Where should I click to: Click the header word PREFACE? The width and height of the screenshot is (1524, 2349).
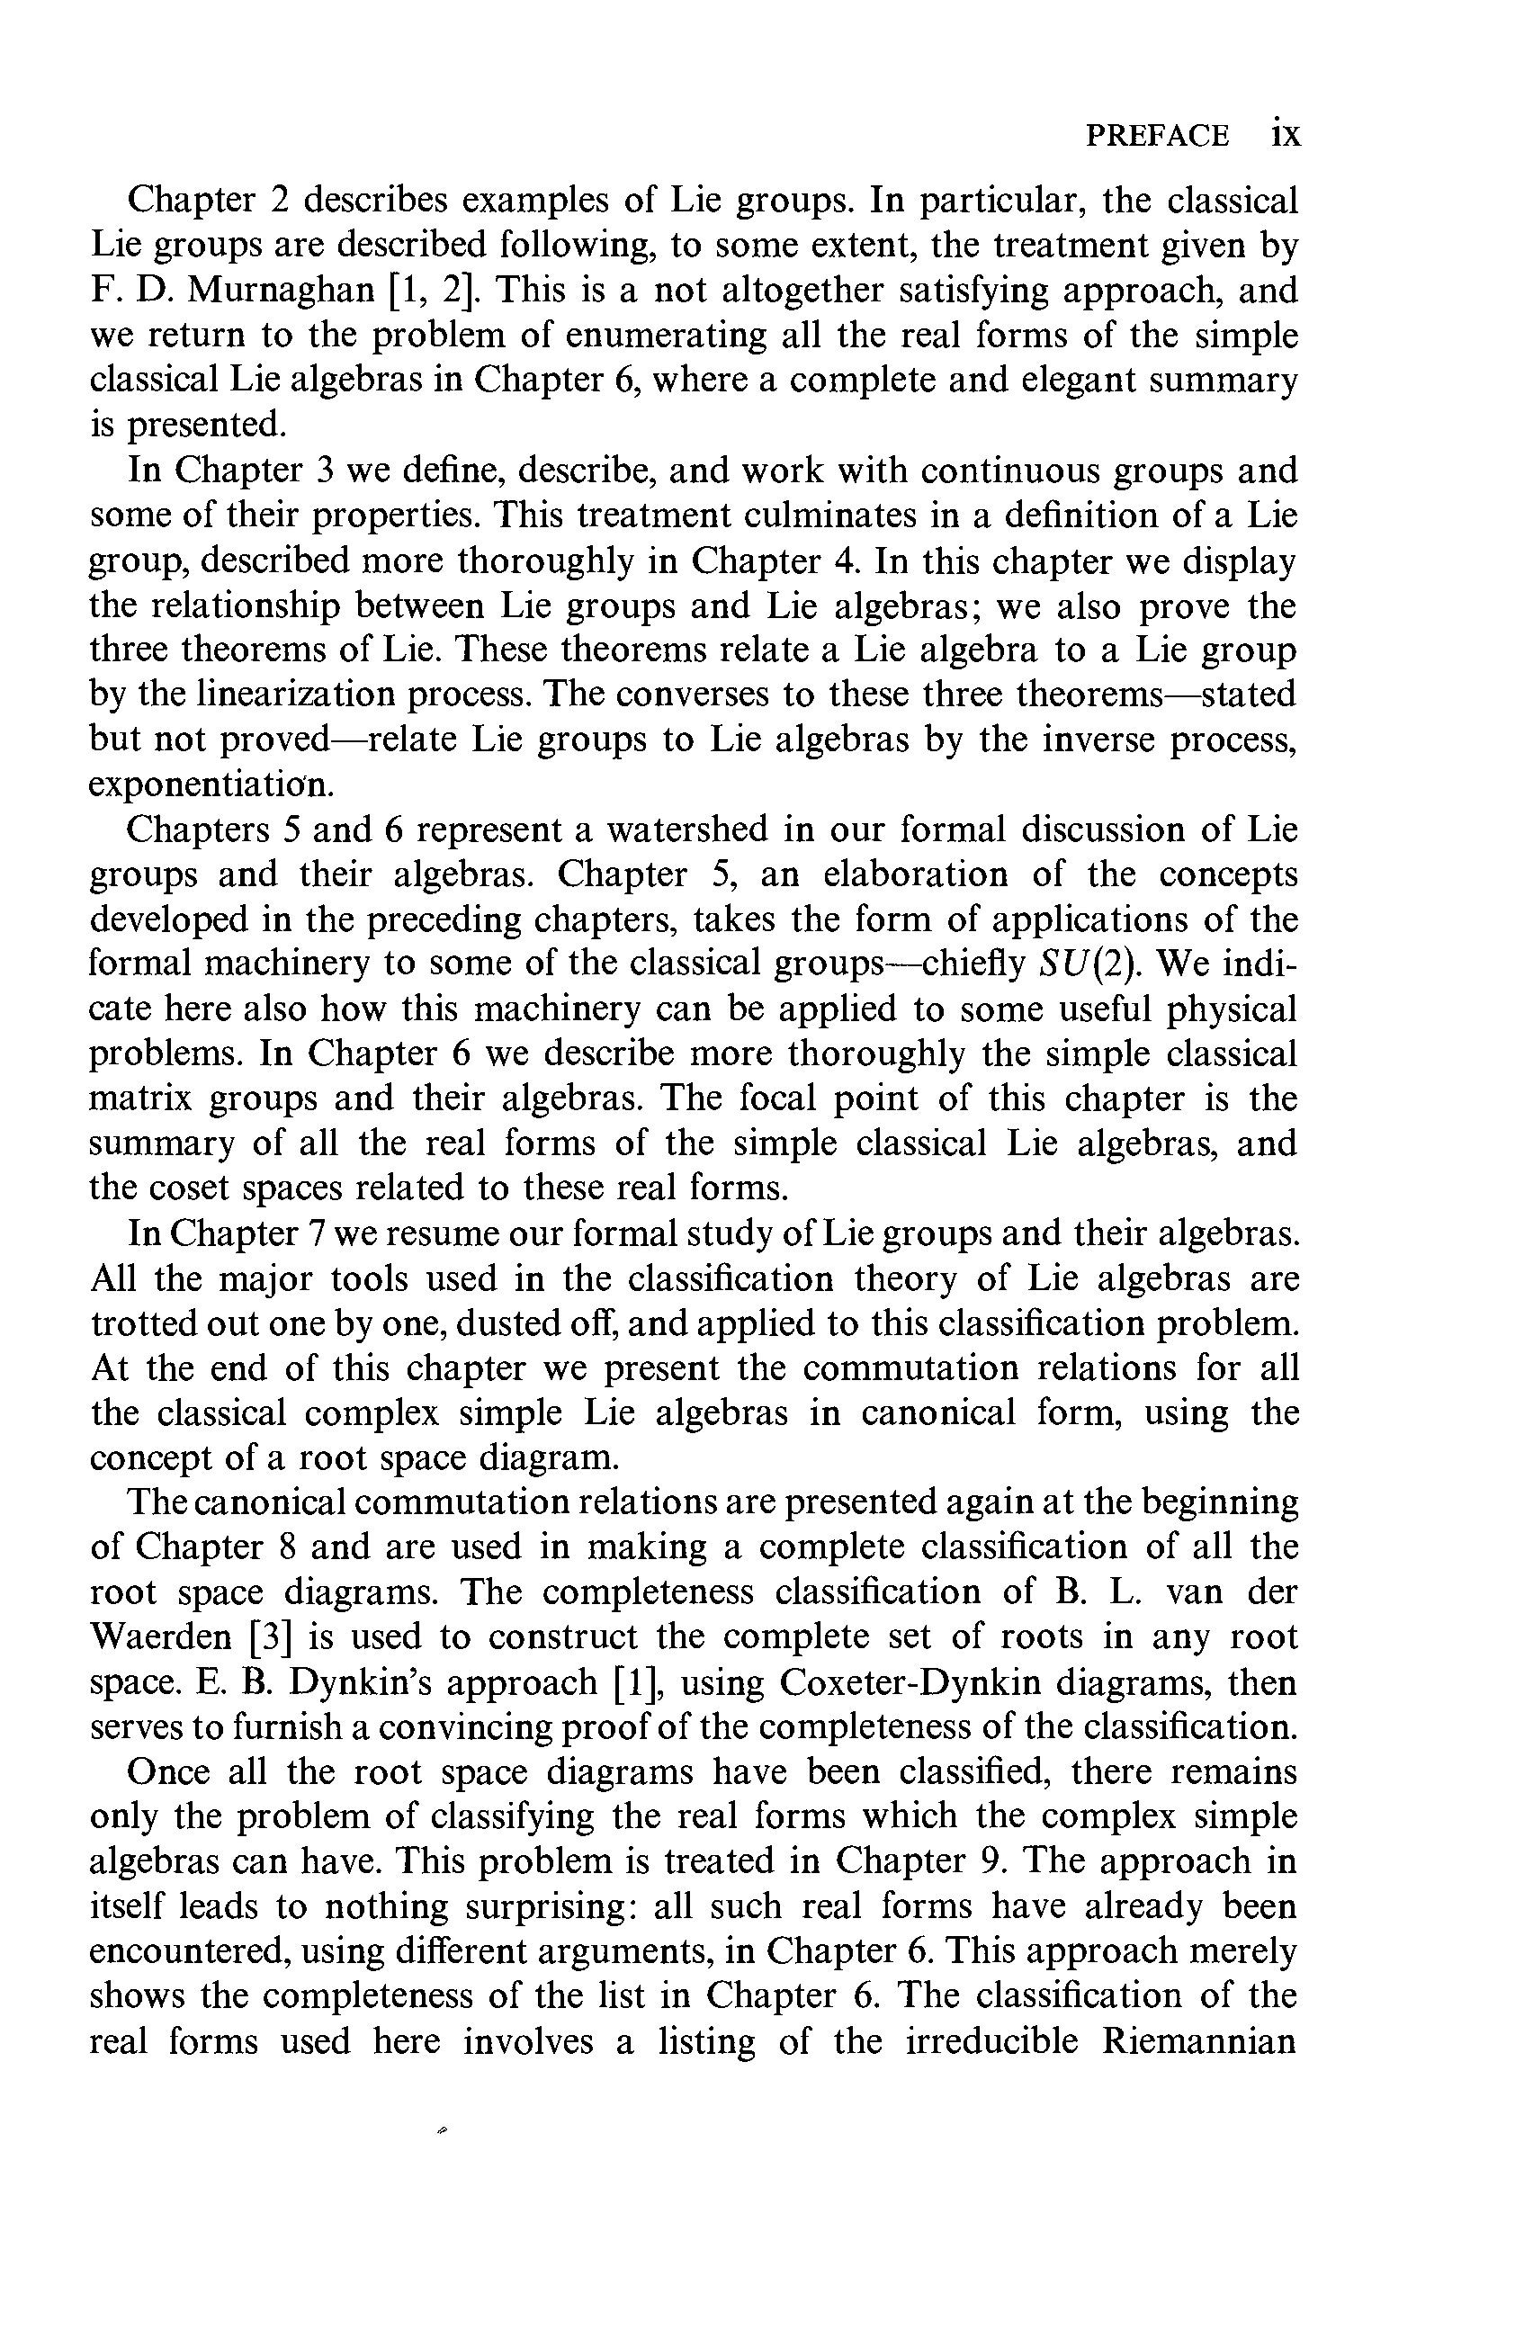click(1157, 135)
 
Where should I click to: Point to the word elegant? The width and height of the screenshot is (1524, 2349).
click(1085, 380)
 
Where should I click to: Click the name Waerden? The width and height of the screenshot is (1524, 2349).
click(160, 1636)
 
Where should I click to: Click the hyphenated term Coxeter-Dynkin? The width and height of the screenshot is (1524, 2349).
click(909, 1681)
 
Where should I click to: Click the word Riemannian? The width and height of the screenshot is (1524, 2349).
click(1198, 2040)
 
